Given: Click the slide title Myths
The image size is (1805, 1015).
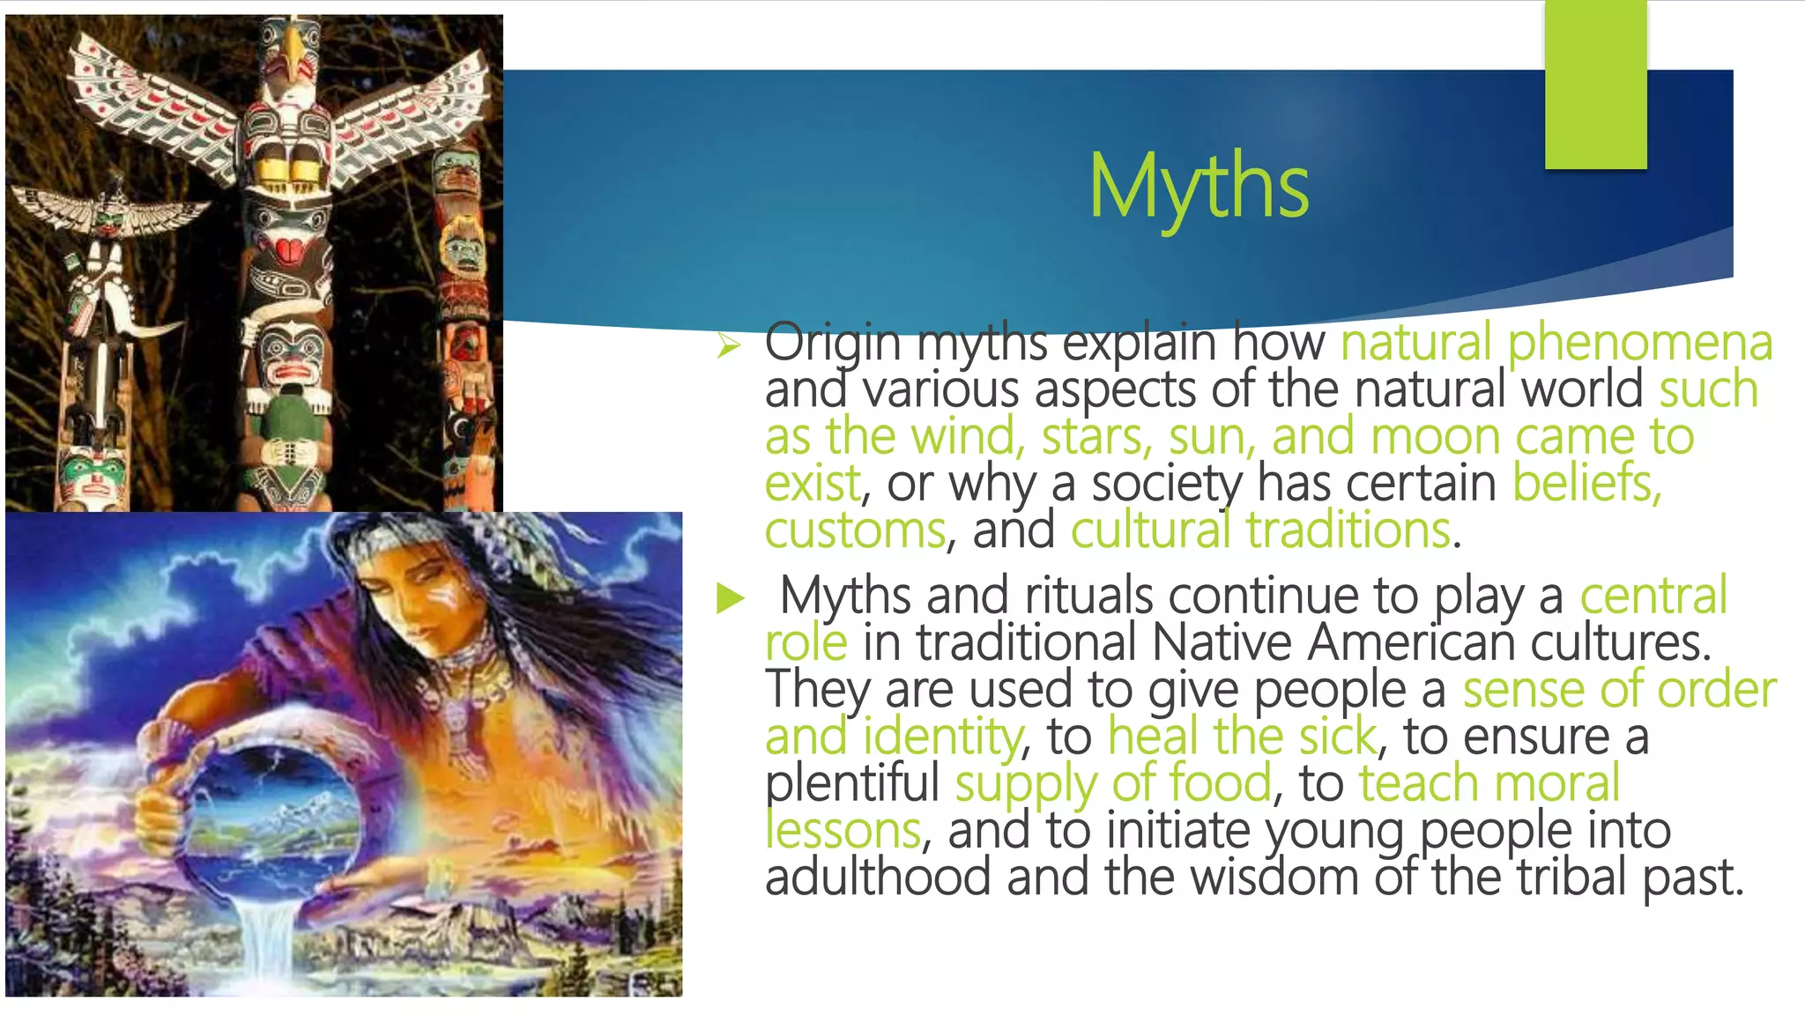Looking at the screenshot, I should pyautogui.click(x=1199, y=186).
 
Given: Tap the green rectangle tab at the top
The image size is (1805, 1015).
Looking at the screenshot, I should pyautogui.click(x=1595, y=85).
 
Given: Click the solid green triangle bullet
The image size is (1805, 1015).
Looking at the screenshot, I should pyautogui.click(x=731, y=598).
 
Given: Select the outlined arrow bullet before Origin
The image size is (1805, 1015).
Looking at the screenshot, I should pyautogui.click(x=729, y=345).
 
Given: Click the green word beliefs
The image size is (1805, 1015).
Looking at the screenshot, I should pyautogui.click(x=1586, y=483).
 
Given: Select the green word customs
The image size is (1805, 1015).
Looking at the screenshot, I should pyautogui.click(x=855, y=530).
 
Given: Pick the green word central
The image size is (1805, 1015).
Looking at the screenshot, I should pyautogui.click(x=1653, y=596).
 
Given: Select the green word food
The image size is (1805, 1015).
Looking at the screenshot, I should pyautogui.click(x=1220, y=782).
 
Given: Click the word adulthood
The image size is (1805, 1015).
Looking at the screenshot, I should pyautogui.click(x=878, y=877).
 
